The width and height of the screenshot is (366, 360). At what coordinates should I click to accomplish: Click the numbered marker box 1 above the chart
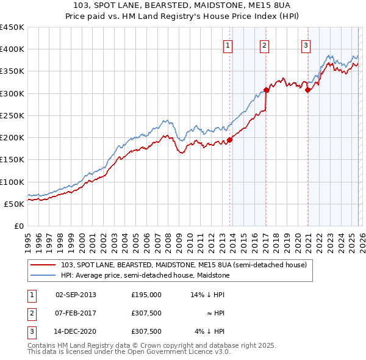point(228,45)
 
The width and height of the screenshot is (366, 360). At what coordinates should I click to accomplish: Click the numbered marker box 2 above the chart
point(264,45)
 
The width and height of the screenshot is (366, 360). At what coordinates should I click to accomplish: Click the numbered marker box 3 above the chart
point(306,45)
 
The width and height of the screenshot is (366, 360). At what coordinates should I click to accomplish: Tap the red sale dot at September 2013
point(230,140)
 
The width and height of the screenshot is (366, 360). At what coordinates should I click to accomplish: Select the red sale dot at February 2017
point(267,90)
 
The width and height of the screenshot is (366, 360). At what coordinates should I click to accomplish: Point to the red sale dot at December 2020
point(308,90)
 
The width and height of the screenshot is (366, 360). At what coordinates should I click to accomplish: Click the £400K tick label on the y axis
point(12,49)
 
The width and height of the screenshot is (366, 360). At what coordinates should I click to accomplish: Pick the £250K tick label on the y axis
point(12,115)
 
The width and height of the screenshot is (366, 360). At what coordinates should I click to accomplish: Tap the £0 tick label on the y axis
point(18,226)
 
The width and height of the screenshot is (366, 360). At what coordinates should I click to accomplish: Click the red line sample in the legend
point(43,265)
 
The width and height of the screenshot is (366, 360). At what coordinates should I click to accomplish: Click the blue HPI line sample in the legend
point(43,275)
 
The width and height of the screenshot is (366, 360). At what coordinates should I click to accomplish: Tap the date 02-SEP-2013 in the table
point(76,294)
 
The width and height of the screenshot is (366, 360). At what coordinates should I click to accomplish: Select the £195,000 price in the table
point(146,294)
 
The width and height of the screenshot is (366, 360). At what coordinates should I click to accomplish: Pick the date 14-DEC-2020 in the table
point(76,332)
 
